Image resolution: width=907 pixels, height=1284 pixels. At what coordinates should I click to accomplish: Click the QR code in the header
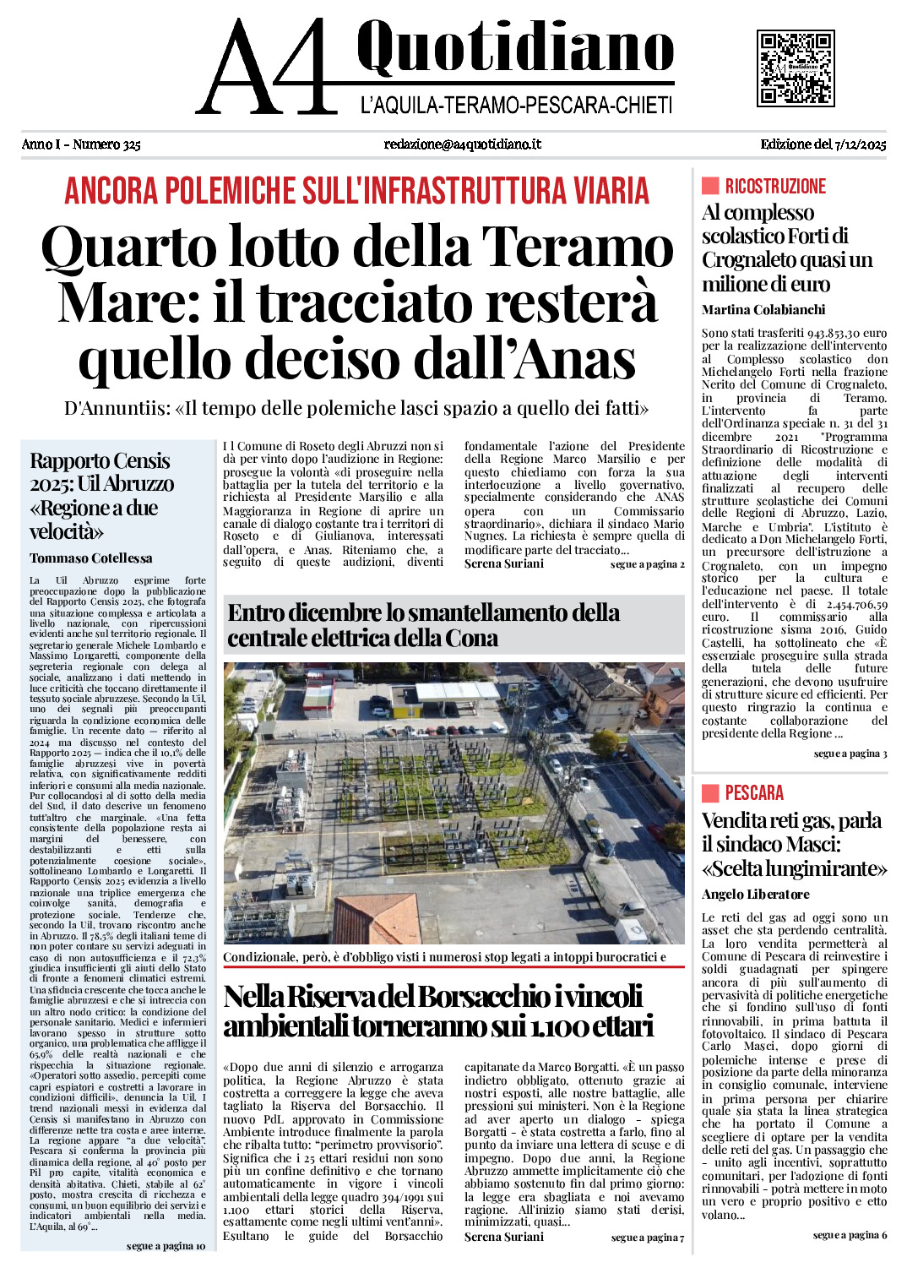pyautogui.click(x=796, y=68)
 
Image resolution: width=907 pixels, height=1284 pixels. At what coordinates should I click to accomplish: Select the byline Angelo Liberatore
pyautogui.click(x=755, y=895)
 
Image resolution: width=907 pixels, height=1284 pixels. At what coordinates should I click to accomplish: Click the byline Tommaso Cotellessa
pyautogui.click(x=91, y=558)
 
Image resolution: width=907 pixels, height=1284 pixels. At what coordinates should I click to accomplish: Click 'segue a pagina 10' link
pyautogui.click(x=166, y=1246)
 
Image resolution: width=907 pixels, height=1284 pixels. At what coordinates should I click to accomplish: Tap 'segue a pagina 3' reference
pyautogui.click(x=850, y=754)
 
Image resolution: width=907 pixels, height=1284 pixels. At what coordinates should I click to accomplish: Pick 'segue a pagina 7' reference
pyautogui.click(x=648, y=1238)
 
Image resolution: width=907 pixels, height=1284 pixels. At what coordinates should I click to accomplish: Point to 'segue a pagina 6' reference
pyautogui.click(x=850, y=1235)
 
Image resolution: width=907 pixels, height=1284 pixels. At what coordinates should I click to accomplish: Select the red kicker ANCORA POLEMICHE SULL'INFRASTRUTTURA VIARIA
pyautogui.click(x=356, y=191)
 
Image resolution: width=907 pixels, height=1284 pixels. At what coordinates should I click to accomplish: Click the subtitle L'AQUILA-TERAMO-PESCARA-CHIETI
pyautogui.click(x=516, y=106)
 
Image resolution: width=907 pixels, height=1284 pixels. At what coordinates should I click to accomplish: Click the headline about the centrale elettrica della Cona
pyautogui.click(x=423, y=625)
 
